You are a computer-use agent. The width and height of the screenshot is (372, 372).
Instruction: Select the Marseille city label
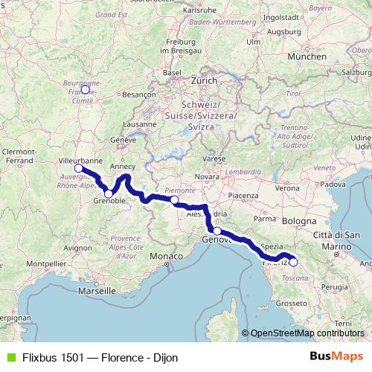click(x=100, y=289)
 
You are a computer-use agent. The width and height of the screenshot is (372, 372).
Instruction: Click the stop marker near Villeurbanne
click(x=79, y=168)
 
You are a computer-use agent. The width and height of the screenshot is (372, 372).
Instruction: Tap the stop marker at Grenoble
click(x=109, y=194)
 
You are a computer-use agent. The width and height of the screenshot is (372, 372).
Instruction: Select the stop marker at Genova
click(x=217, y=231)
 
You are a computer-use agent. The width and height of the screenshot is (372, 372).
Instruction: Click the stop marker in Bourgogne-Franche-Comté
click(x=85, y=89)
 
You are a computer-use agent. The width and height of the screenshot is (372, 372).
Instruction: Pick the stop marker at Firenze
click(x=293, y=262)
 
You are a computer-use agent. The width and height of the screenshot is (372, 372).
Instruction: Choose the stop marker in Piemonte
click(x=174, y=200)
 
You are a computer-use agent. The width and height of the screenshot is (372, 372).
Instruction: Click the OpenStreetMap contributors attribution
click(x=307, y=333)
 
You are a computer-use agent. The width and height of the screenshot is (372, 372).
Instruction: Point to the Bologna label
click(x=299, y=222)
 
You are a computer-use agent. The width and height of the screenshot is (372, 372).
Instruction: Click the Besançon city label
click(x=138, y=94)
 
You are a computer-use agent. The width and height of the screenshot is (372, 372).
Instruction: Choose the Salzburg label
click(x=357, y=72)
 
